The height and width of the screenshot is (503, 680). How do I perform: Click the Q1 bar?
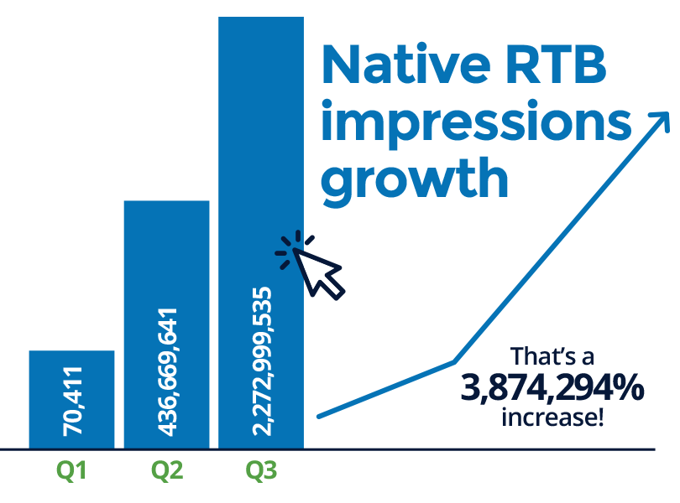[x=71, y=399]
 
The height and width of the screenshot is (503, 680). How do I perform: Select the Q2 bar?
[x=166, y=324]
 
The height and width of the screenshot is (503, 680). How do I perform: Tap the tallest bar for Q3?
[x=261, y=233]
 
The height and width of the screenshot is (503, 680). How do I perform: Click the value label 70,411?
[x=72, y=402]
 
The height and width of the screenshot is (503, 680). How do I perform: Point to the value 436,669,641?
[x=167, y=372]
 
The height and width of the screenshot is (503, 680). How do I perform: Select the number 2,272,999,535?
[x=261, y=361]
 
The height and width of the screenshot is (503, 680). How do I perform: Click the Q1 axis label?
[x=71, y=470]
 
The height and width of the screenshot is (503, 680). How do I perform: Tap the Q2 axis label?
[x=167, y=470]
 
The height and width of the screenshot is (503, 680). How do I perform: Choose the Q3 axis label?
[x=261, y=470]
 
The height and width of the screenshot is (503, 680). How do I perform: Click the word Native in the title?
[x=406, y=65]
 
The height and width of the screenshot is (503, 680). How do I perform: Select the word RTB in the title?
[x=556, y=65]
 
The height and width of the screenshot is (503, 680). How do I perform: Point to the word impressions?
[x=476, y=122]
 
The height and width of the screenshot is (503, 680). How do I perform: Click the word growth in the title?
[x=415, y=179]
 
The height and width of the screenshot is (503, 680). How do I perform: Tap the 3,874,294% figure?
[x=552, y=388]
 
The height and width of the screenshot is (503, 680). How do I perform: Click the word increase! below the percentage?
[x=552, y=417]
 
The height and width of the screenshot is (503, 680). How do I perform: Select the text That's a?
[x=552, y=356]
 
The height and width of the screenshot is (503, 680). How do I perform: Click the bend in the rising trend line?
[x=454, y=361]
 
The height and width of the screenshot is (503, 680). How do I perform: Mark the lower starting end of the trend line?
[x=319, y=417]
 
